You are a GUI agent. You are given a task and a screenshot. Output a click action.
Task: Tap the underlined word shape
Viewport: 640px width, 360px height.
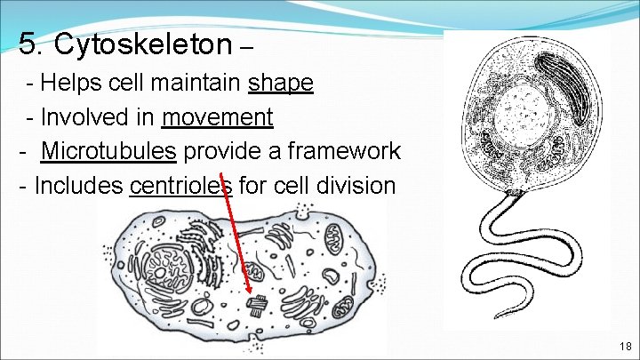click(281, 83)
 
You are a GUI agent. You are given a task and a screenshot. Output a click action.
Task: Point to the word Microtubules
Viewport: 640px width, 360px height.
click(108, 151)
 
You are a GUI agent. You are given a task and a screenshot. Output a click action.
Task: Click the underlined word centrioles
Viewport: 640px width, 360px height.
click(180, 186)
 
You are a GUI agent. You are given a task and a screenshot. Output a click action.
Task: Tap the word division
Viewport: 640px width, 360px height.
click(361, 186)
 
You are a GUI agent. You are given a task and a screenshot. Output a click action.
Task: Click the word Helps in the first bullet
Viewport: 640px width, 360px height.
click(68, 83)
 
